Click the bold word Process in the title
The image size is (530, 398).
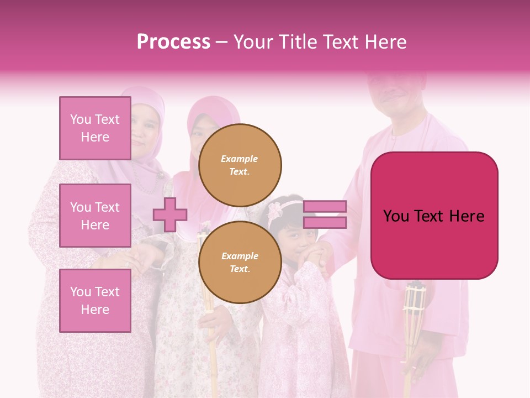tap(173, 42)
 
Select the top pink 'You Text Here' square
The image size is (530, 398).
tap(95, 128)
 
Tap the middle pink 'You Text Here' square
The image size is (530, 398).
tap(95, 216)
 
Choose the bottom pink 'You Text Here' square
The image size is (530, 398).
tap(95, 301)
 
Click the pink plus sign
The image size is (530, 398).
tap(169, 215)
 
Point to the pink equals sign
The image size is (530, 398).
tap(325, 214)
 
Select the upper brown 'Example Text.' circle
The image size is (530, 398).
tap(240, 165)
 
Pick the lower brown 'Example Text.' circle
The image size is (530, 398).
tap(240, 263)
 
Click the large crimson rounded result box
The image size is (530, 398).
tap(434, 215)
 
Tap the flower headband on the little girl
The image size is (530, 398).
tap(284, 209)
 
